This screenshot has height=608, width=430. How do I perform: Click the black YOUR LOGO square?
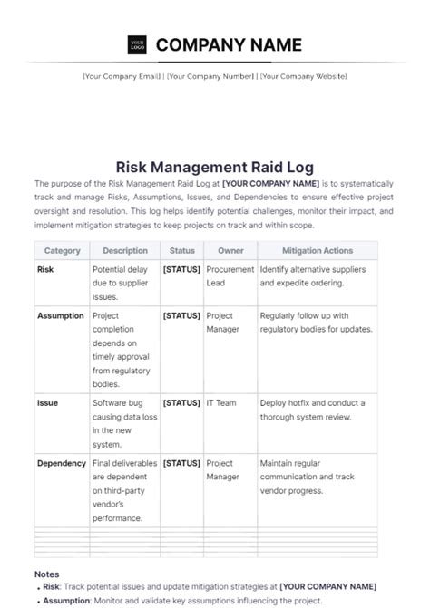click(x=137, y=44)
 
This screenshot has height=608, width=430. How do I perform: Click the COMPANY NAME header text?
click(x=229, y=44)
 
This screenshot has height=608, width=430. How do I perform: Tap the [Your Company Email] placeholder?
click(x=122, y=77)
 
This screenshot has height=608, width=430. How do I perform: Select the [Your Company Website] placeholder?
click(x=303, y=77)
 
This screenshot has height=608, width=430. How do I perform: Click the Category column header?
click(x=62, y=251)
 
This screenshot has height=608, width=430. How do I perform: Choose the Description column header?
click(x=125, y=251)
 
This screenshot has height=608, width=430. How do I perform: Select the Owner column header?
click(x=230, y=251)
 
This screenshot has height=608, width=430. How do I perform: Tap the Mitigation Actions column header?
click(x=318, y=251)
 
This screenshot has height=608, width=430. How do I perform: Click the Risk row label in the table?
click(x=45, y=270)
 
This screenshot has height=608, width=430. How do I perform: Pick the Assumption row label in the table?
click(x=61, y=316)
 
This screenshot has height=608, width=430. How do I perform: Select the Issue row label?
click(x=47, y=402)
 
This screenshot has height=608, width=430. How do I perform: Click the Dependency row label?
click(x=62, y=463)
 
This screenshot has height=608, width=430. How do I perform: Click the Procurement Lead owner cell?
click(x=230, y=276)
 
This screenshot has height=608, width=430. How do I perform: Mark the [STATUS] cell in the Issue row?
click(x=181, y=402)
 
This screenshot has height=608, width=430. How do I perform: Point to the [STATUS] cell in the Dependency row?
click(x=181, y=463)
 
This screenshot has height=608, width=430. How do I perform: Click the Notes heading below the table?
click(x=47, y=574)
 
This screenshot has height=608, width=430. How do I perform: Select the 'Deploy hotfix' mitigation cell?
click(x=312, y=410)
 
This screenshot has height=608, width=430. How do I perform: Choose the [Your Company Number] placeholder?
click(x=210, y=77)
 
